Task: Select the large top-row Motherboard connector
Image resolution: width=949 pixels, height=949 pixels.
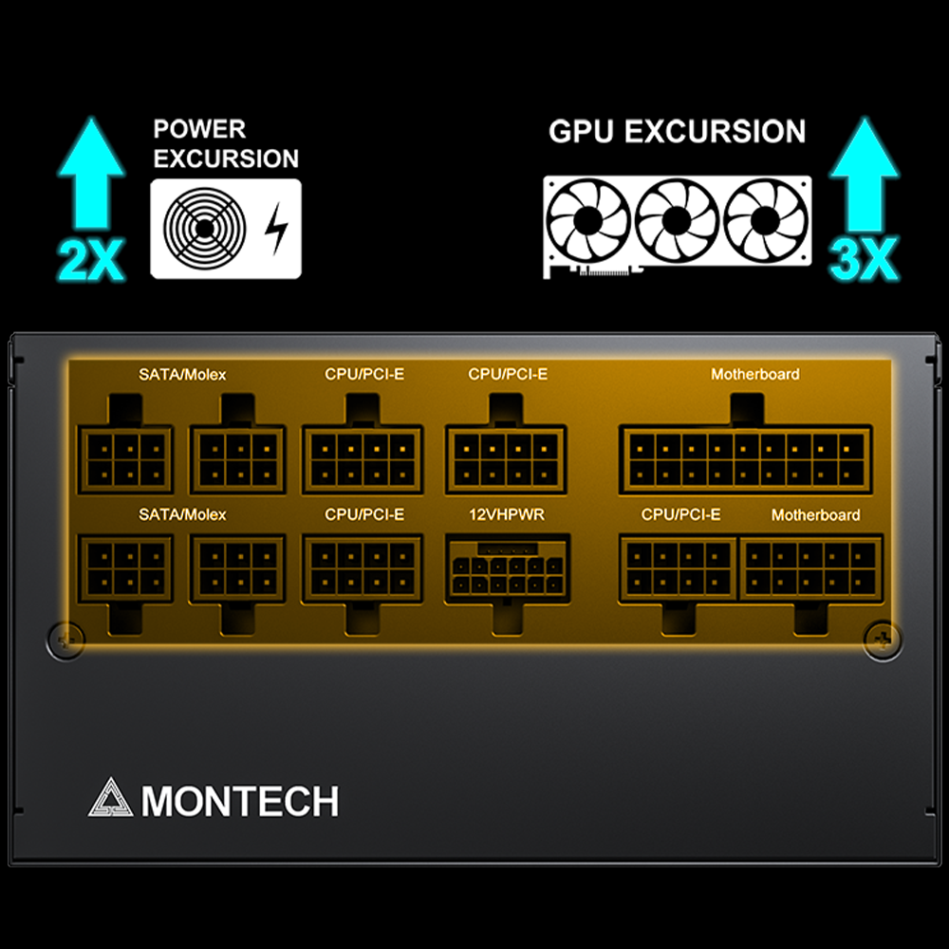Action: [745, 458]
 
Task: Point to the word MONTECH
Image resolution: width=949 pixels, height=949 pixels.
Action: [240, 802]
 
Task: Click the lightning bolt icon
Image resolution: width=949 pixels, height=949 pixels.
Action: [275, 229]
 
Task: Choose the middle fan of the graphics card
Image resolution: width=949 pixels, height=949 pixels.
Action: [676, 220]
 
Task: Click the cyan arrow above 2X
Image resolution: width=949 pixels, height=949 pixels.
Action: [91, 177]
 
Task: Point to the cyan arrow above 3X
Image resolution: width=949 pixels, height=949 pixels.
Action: [864, 177]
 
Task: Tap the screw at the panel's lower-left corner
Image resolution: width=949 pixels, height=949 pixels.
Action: [65, 639]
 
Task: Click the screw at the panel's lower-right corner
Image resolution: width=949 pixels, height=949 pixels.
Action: [882, 639]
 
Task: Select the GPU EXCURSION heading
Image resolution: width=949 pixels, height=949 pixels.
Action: [677, 131]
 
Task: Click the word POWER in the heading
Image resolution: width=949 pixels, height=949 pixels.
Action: [199, 129]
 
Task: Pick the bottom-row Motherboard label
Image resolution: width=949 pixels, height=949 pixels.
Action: [815, 514]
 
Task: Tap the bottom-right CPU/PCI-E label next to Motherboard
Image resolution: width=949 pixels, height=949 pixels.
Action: [680, 514]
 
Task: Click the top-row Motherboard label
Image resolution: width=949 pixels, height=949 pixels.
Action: [754, 374]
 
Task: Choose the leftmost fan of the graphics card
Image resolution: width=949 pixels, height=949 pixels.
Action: [588, 220]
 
